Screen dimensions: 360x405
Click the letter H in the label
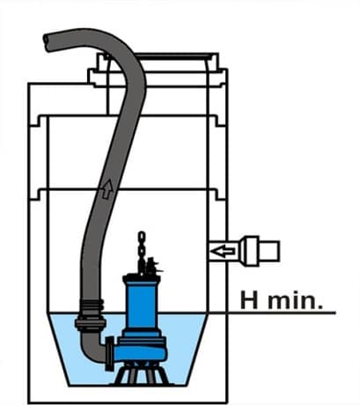249,299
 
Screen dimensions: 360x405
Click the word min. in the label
295,299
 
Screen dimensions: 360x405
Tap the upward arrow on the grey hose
107,189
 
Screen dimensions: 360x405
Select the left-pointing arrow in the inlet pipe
224,251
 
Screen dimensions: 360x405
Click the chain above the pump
142,253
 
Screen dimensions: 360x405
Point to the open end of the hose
48,42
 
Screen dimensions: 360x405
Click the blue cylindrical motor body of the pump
141,306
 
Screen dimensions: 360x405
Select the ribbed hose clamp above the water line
92,306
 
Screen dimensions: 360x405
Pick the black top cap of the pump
141,277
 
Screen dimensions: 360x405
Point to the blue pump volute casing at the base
141,351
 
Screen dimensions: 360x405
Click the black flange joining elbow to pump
110,353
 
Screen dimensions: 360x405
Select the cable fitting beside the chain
152,266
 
